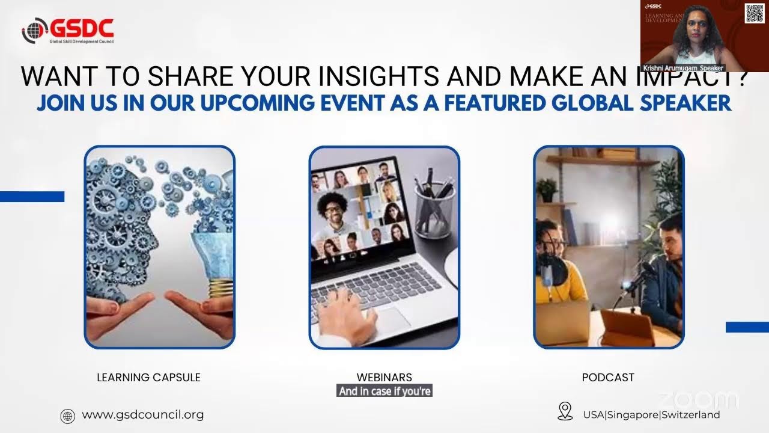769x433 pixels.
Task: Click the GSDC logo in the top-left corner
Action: tap(67, 31)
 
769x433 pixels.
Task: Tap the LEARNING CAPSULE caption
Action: tap(148, 378)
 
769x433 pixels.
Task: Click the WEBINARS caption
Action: tap(384, 378)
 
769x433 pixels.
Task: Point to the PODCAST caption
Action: tap(608, 378)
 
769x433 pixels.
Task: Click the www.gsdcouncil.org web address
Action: tap(142, 414)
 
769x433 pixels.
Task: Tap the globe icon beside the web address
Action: tap(68, 416)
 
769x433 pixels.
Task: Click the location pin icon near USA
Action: tap(565, 411)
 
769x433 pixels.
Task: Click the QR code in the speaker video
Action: tap(755, 13)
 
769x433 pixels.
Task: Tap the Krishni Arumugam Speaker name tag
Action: tap(683, 68)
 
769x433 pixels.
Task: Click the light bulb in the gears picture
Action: tap(213, 259)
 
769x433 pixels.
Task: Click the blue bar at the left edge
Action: tap(32, 197)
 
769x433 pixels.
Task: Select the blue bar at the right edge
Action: tap(747, 327)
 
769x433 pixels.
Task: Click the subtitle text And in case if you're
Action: tap(384, 392)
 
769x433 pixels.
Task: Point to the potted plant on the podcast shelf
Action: tap(547, 190)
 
